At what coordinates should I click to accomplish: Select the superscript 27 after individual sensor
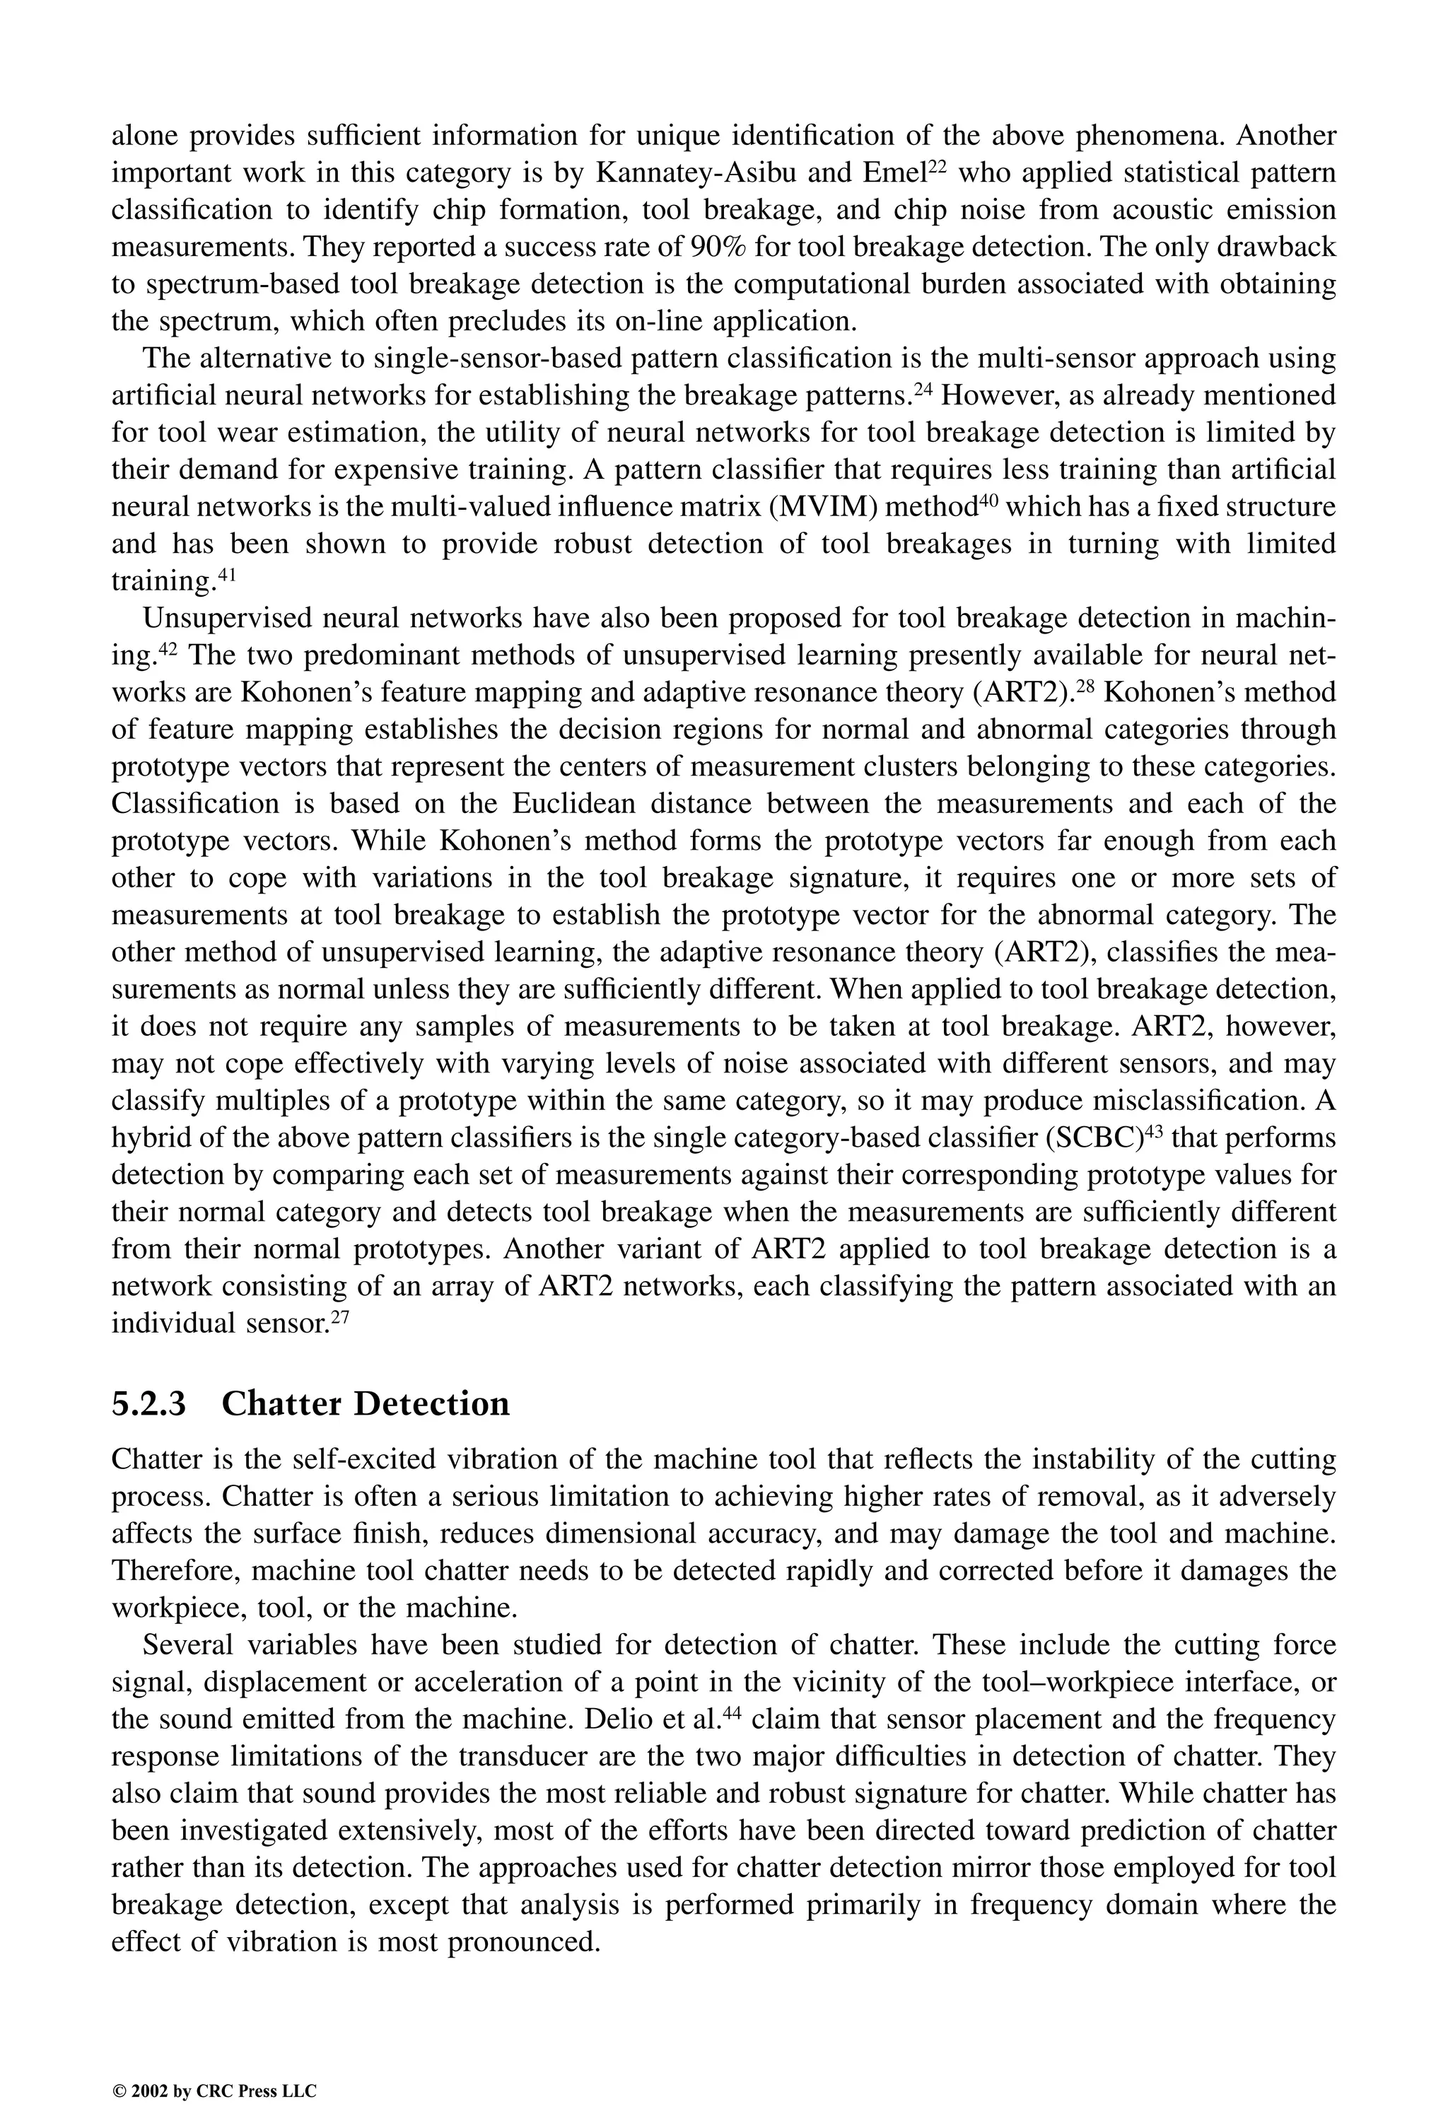click(x=339, y=1316)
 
